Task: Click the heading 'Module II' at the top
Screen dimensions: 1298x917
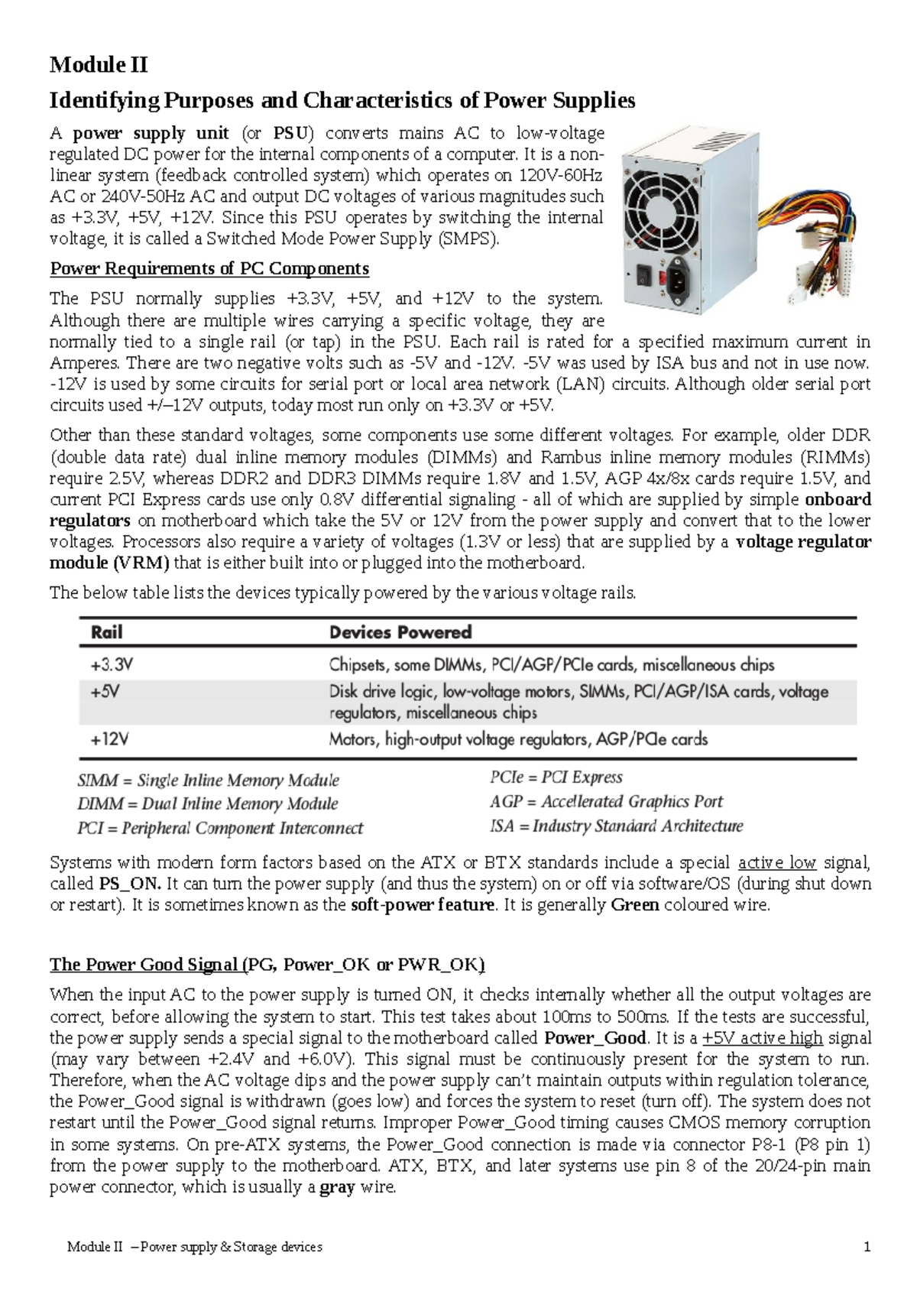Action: (x=99, y=65)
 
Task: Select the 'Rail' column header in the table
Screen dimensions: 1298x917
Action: (x=106, y=632)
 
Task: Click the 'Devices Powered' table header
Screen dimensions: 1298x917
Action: (x=400, y=632)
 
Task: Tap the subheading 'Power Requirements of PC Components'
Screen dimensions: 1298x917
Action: (x=209, y=269)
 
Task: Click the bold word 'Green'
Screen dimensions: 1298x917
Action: (x=635, y=905)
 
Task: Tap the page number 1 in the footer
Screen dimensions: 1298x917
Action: (x=867, y=1247)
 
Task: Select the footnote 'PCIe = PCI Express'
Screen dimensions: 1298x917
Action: (x=556, y=777)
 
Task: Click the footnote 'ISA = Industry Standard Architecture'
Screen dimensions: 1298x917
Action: (x=616, y=826)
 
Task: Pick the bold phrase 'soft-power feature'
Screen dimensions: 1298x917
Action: (x=423, y=905)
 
